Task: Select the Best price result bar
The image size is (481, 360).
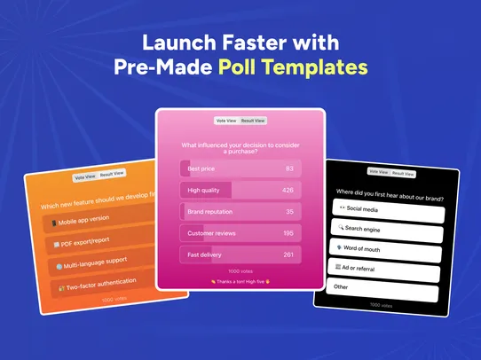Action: tap(240, 168)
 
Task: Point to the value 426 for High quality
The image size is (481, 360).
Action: tap(288, 190)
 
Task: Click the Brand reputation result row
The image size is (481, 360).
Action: tap(240, 212)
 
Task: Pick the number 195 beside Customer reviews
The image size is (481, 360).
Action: tap(288, 233)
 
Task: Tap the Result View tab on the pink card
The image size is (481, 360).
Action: tap(253, 121)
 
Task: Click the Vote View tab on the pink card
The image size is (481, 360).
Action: tap(226, 121)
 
